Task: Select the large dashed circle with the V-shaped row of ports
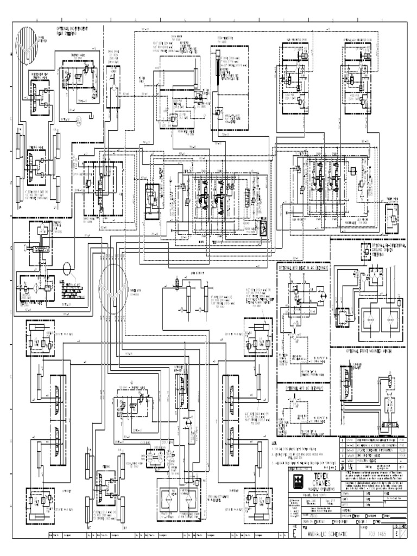113,285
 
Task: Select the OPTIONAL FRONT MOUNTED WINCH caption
371,351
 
